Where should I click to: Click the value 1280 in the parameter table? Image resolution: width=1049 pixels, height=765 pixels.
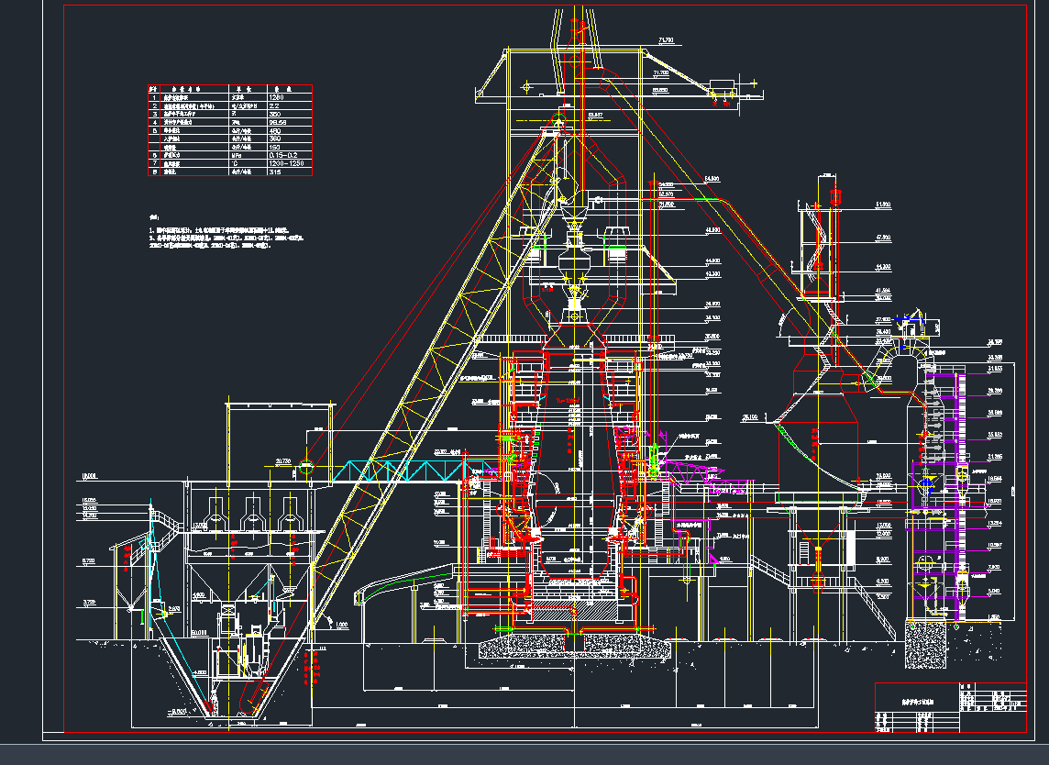[x=276, y=96]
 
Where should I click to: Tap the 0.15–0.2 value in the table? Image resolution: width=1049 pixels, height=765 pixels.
[x=283, y=156]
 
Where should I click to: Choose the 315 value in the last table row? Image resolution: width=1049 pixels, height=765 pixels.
[x=274, y=172]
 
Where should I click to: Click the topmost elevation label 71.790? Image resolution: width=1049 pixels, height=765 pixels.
[x=666, y=40]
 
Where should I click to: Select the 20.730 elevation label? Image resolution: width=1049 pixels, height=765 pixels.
[x=282, y=460]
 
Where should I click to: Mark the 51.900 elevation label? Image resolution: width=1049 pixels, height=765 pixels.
[x=883, y=204]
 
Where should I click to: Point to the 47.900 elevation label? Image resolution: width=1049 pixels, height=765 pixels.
[x=883, y=238]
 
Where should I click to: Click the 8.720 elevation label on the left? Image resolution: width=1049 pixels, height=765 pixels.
[x=89, y=560]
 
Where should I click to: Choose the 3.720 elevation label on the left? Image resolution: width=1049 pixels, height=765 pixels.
[x=89, y=602]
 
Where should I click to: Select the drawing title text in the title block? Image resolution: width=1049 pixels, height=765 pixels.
[x=914, y=698]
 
